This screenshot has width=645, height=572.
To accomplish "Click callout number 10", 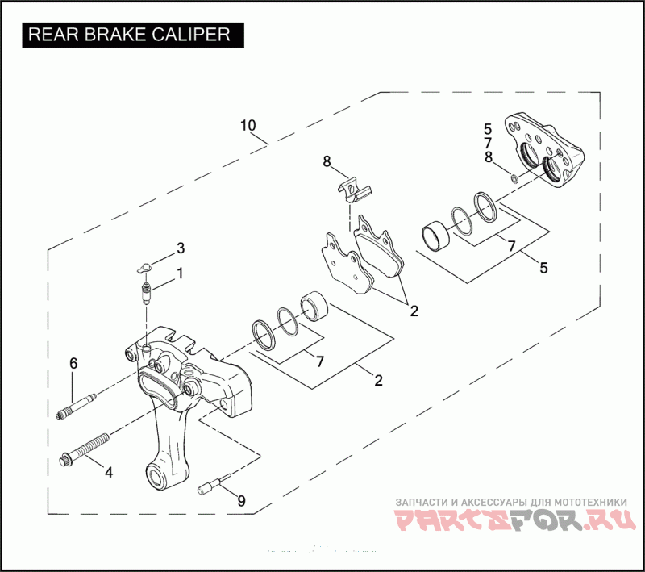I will pyautogui.click(x=248, y=126).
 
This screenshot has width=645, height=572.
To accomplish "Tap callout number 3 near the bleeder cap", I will pyautogui.click(x=181, y=248).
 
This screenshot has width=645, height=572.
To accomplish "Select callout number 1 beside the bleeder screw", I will pyautogui.click(x=180, y=273).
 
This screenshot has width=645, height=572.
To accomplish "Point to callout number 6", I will pyautogui.click(x=73, y=364).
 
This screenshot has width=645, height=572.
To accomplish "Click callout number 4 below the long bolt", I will pyautogui.click(x=107, y=472).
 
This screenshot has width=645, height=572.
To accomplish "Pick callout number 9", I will pyautogui.click(x=240, y=501).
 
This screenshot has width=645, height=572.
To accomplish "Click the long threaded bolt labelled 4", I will pyautogui.click(x=84, y=451).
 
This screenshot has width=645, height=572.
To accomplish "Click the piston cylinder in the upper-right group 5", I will pyautogui.click(x=437, y=236).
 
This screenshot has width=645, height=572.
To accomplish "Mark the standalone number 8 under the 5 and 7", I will pyautogui.click(x=488, y=157).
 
